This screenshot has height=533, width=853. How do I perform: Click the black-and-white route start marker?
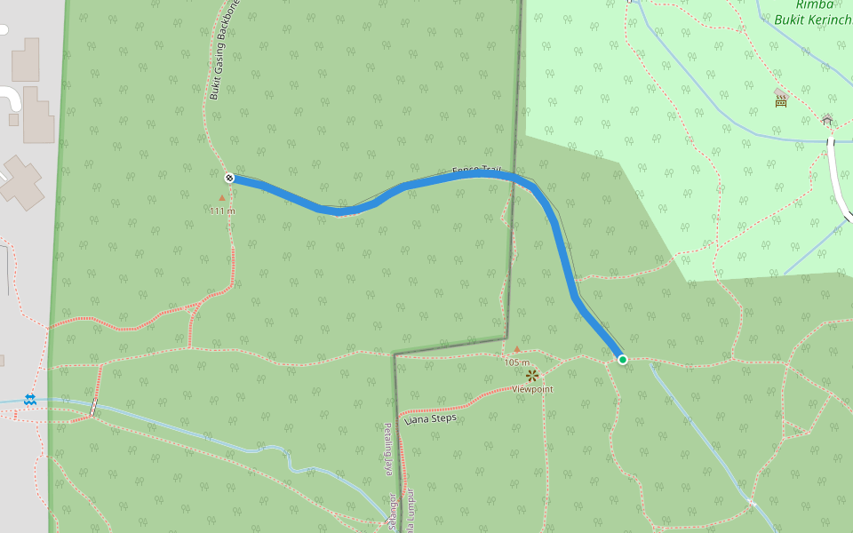(229, 178)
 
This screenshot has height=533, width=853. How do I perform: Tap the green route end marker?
(623, 359)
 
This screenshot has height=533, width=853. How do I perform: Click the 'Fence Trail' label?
(477, 170)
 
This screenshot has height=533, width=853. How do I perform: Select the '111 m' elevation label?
(222, 211)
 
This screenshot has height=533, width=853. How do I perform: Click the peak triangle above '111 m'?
(222, 198)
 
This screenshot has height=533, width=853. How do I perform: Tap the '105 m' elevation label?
(516, 362)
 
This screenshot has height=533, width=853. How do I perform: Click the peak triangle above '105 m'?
(517, 350)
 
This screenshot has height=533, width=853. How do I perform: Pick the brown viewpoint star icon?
(532, 376)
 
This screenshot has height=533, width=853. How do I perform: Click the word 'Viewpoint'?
(532, 389)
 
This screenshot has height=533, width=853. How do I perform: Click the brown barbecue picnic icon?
(781, 99)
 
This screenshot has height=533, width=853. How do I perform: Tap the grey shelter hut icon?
(827, 119)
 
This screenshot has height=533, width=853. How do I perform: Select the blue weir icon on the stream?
(30, 400)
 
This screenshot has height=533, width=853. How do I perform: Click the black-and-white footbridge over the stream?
(92, 407)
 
